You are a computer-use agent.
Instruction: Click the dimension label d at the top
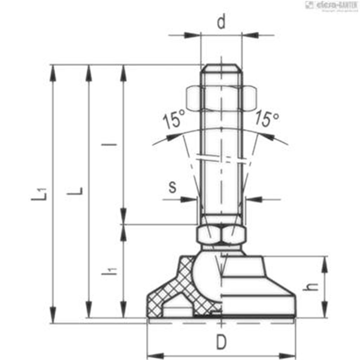pyautogui.click(x=221, y=22)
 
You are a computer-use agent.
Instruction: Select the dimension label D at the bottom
pyautogui.click(x=221, y=342)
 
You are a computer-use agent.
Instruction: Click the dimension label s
pyautogui.click(x=172, y=187)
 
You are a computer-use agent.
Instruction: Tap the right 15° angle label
pyautogui.click(x=267, y=118)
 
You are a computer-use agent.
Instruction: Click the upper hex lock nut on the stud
pyautogui.click(x=221, y=97)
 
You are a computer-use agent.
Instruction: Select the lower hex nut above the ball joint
pyautogui.click(x=221, y=234)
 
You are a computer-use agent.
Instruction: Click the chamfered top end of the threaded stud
pyautogui.click(x=221, y=68)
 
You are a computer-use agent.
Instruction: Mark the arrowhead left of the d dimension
pyautogui.click(x=192, y=35)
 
